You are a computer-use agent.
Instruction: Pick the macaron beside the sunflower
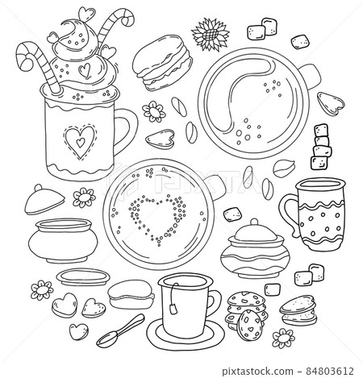164,63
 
